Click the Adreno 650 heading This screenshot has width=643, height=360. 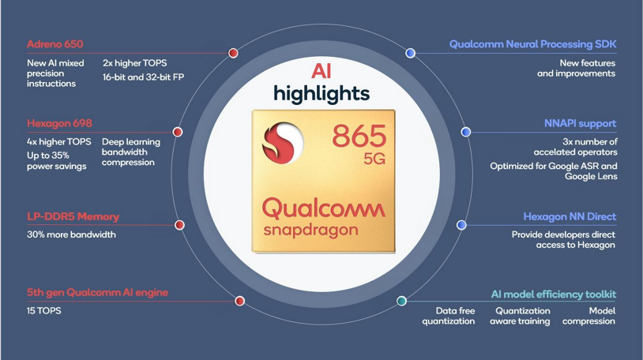tap(55, 44)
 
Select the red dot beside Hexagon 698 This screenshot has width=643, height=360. tap(178, 132)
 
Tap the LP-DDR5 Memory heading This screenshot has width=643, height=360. tap(73, 216)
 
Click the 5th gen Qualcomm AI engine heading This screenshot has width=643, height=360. tap(97, 292)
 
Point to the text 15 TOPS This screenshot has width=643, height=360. tap(43, 311)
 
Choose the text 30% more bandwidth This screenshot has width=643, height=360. tap(71, 234)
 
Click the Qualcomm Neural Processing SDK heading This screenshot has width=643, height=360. tap(532, 44)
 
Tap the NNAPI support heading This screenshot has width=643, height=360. tap(580, 123)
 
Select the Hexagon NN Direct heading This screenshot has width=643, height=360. tap(569, 216)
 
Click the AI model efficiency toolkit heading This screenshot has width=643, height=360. tap(553, 294)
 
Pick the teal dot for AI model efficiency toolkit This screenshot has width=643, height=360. tap(401, 301)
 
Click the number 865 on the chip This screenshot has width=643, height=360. tap(359, 135)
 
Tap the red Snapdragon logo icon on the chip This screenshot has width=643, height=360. tap(284, 142)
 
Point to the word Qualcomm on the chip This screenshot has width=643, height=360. tap(323, 208)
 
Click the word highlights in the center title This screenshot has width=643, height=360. tap(321, 93)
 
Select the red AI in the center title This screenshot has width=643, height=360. tap(321, 70)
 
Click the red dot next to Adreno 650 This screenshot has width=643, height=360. tap(233, 53)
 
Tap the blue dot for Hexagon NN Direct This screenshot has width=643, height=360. tap(461, 225)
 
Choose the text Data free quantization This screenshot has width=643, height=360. tap(449, 316)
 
